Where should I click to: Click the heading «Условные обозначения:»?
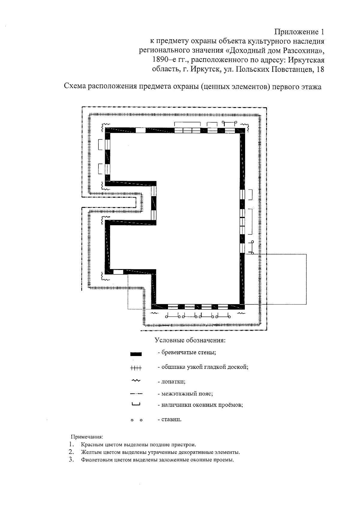190,340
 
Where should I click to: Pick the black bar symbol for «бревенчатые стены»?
136,354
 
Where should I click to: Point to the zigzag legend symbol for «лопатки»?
136,381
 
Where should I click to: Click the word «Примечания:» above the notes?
87,437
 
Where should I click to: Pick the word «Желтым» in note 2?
89,452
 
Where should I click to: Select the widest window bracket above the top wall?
187,124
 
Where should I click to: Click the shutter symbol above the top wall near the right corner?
229,123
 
